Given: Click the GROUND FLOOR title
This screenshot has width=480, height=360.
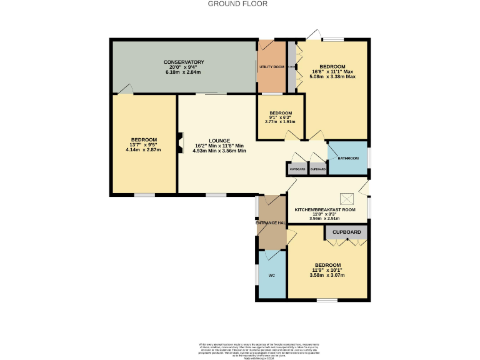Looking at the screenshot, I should point(237,4).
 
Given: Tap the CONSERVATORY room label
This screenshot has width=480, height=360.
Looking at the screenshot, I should point(184,62).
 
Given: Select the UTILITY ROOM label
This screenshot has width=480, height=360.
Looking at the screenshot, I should point(272,66).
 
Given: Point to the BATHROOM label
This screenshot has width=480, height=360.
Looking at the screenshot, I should point(348,158).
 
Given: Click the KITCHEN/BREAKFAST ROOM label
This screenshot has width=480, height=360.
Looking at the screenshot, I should point(325,210).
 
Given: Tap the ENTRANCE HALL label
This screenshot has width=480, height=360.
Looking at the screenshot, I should point(271,222).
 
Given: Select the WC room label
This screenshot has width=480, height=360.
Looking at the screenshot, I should point(271,275).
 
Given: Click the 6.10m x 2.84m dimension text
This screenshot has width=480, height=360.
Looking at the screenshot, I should point(184,72).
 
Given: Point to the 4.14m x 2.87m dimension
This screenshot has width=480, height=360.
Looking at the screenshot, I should point(144,150).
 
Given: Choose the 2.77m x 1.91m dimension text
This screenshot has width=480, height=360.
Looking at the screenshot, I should point(281,123).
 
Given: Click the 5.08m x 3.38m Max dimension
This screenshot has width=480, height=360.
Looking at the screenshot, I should point(332,77).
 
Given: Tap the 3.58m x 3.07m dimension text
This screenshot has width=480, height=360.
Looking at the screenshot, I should point(328,275).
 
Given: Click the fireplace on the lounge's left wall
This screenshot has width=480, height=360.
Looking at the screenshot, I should point(180,142).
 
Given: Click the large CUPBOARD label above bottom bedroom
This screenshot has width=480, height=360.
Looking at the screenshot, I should point(346,232).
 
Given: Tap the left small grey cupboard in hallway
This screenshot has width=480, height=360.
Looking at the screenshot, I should point(297,169).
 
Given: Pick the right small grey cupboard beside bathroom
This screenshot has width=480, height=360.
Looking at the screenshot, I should point(317,169).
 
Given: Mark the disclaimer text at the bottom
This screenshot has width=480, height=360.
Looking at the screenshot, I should point(240,350).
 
